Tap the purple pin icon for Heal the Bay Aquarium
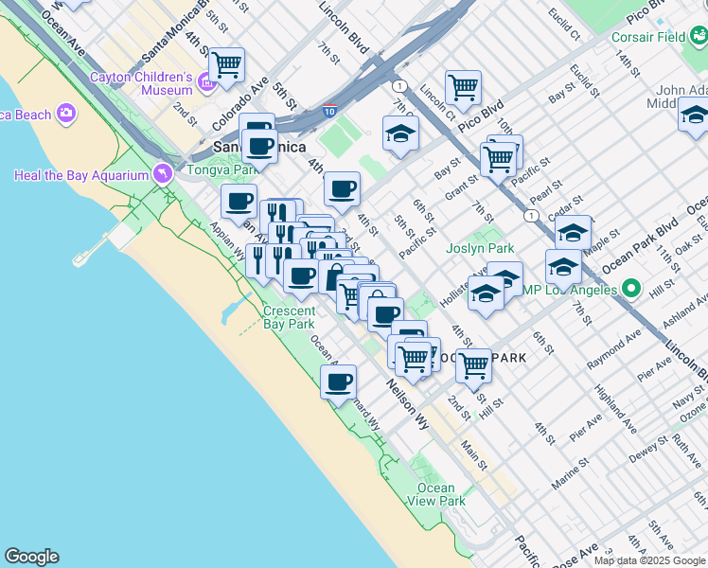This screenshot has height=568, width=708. click(x=164, y=174)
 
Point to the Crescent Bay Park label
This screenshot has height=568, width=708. click(x=289, y=317)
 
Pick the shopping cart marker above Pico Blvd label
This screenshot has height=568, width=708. click(x=463, y=87)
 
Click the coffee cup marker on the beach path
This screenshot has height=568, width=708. click(x=338, y=382)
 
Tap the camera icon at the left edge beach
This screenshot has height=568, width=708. click(x=65, y=114)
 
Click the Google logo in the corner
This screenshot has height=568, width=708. click(x=31, y=557)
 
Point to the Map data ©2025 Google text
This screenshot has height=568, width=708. click(x=649, y=560)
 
